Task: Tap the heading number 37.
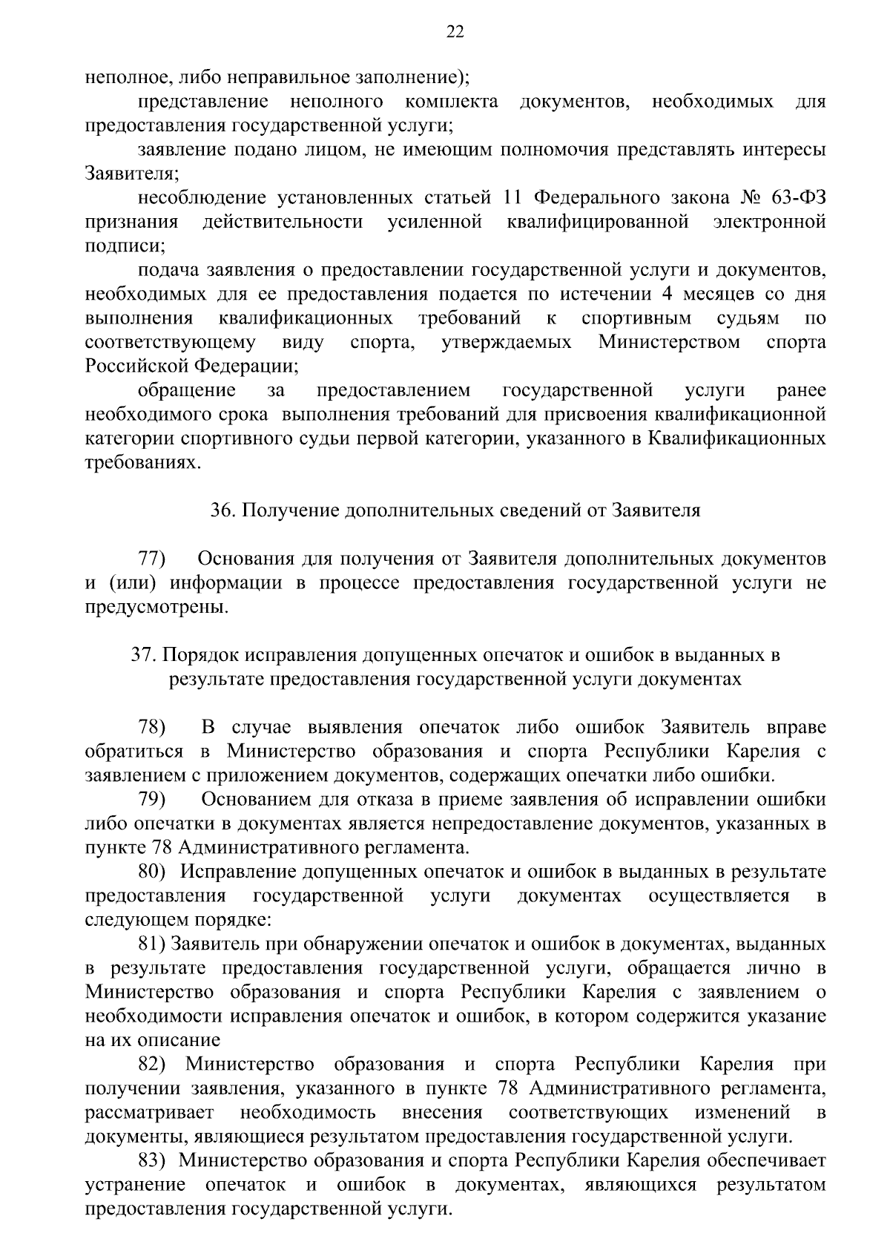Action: pos(143,655)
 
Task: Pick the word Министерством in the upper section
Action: pos(669,342)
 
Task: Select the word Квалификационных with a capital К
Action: pos(737,438)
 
